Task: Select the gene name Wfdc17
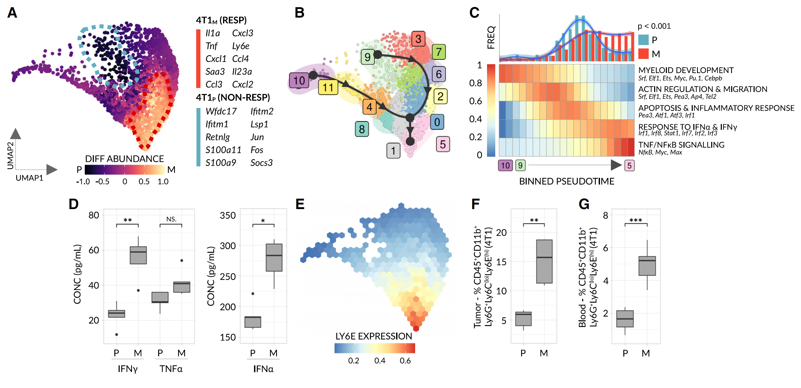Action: (221, 111)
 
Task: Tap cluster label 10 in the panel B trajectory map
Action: (299, 81)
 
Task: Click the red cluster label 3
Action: (418, 39)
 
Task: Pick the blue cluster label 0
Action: (437, 122)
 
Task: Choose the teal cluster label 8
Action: (362, 129)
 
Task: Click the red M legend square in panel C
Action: (643, 54)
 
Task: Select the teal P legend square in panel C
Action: (643, 40)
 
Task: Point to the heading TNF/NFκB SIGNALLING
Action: (681, 145)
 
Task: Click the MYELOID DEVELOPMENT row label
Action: (686, 70)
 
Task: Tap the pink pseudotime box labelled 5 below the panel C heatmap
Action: (629, 166)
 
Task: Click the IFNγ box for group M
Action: (138, 255)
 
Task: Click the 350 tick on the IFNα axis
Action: (228, 215)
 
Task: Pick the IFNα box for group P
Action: (252, 322)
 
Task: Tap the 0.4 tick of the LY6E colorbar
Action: (379, 361)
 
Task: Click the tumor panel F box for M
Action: (544, 261)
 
